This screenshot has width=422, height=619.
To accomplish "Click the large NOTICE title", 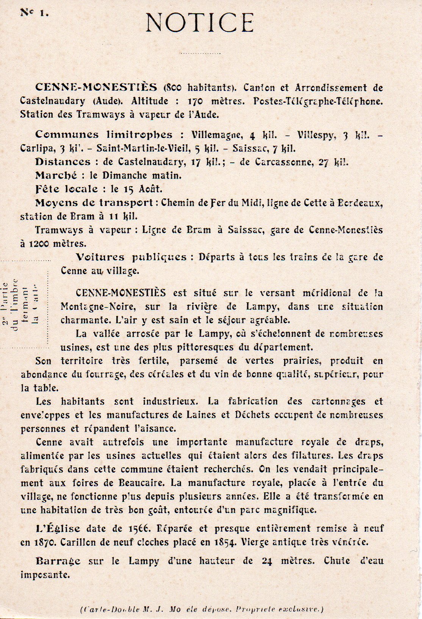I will point(200,22).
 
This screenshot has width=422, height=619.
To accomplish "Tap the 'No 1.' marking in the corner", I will point(34,13).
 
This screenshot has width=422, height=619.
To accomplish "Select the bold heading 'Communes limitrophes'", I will point(104,135).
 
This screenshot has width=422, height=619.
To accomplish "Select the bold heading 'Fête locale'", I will point(66,189).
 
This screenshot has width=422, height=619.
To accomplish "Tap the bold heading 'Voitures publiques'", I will point(131,257).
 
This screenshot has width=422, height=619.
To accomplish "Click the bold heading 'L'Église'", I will point(58,528).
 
